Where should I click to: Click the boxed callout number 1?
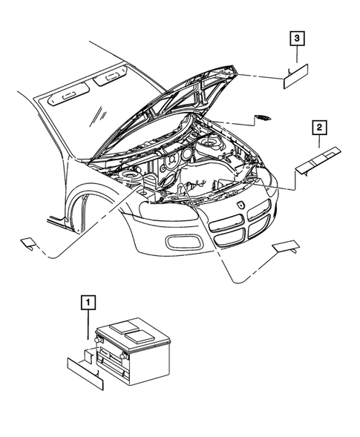[88, 302]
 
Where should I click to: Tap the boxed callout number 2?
[319, 128]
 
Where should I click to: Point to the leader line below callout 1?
[88, 326]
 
